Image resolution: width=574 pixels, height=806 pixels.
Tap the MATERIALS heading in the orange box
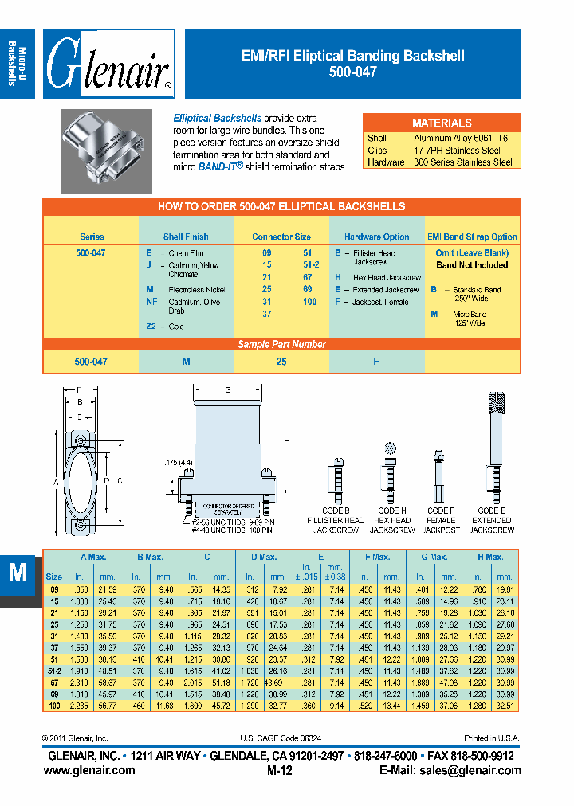(x=441, y=123)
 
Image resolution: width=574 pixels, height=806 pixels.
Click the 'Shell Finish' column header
(x=186, y=237)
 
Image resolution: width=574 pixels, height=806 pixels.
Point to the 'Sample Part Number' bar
(x=281, y=344)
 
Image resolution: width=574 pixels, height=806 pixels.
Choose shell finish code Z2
(x=151, y=327)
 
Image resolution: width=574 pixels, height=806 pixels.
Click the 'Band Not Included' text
(x=472, y=265)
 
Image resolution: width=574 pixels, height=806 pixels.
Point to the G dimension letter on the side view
(x=228, y=390)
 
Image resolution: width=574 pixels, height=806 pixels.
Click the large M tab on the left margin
(x=18, y=573)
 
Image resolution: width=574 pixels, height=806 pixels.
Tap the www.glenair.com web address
(x=88, y=770)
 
